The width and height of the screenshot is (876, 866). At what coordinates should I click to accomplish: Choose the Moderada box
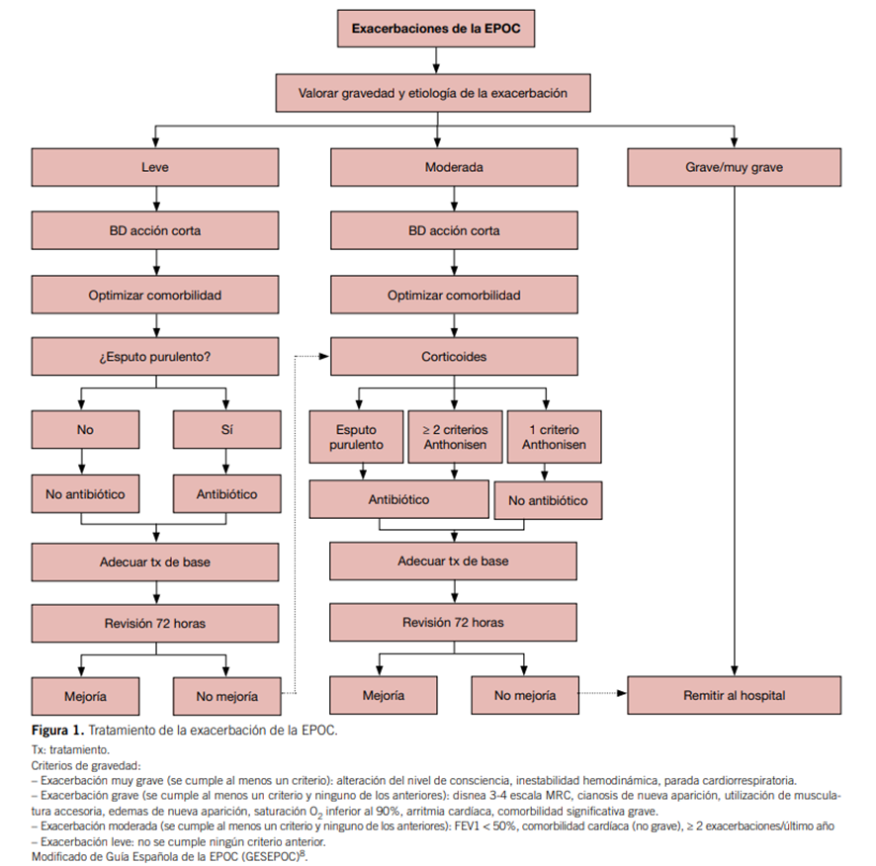(454, 167)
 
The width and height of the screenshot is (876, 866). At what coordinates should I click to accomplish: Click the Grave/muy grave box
(734, 167)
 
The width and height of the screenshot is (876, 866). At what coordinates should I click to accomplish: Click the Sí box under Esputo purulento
(226, 430)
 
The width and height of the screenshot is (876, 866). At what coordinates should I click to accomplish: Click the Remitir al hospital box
(734, 696)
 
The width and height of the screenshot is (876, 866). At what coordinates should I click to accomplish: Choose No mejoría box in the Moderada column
(524, 696)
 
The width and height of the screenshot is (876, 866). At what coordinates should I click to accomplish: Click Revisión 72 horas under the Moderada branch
(454, 623)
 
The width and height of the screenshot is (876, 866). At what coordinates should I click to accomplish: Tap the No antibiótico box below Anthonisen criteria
(546, 500)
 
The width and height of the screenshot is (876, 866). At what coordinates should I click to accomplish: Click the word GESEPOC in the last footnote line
(268, 855)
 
